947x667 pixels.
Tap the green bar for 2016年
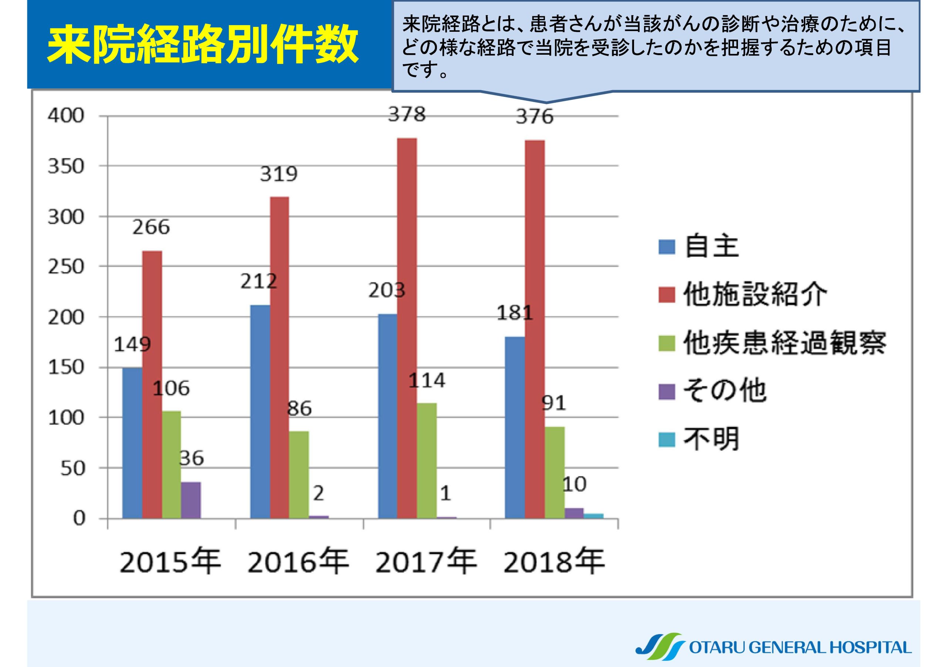coord(299,474)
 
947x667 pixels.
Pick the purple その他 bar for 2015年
coord(191,500)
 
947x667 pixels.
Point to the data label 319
coord(279,174)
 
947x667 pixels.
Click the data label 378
coord(407,114)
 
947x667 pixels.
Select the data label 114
coord(427,380)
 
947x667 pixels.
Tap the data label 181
coord(515,313)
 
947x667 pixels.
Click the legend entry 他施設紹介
coord(755,295)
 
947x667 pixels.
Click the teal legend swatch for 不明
coord(667,440)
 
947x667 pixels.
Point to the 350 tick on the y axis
coord(66,166)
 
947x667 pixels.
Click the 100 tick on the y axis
coord(66,418)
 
